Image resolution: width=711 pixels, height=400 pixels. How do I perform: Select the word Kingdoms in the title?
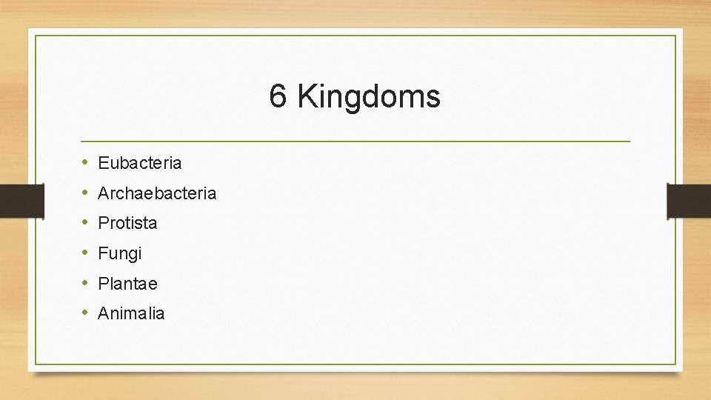click(369, 96)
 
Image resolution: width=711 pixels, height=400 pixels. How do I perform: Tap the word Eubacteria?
click(139, 162)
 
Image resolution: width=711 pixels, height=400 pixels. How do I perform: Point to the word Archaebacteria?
click(157, 193)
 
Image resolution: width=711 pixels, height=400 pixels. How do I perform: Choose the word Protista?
click(127, 223)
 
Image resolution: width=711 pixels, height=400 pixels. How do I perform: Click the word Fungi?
click(119, 253)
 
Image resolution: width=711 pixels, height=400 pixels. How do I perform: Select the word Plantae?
click(127, 283)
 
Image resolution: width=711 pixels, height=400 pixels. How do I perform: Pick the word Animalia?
click(131, 313)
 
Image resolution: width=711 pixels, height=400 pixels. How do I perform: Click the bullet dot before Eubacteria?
click(85, 162)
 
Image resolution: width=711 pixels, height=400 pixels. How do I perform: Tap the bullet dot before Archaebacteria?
click(85, 193)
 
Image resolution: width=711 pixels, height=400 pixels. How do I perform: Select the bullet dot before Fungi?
click(85, 253)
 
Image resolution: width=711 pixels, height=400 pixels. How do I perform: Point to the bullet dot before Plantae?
click(85, 283)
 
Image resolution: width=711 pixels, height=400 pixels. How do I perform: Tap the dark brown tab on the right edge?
click(689, 201)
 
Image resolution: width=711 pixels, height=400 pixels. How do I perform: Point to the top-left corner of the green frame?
click(36, 36)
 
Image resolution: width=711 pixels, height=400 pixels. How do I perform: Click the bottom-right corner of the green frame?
click(675, 364)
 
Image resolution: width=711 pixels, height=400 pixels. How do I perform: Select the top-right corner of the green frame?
click(675, 36)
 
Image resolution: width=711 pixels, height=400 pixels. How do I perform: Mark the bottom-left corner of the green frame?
click(36, 364)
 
